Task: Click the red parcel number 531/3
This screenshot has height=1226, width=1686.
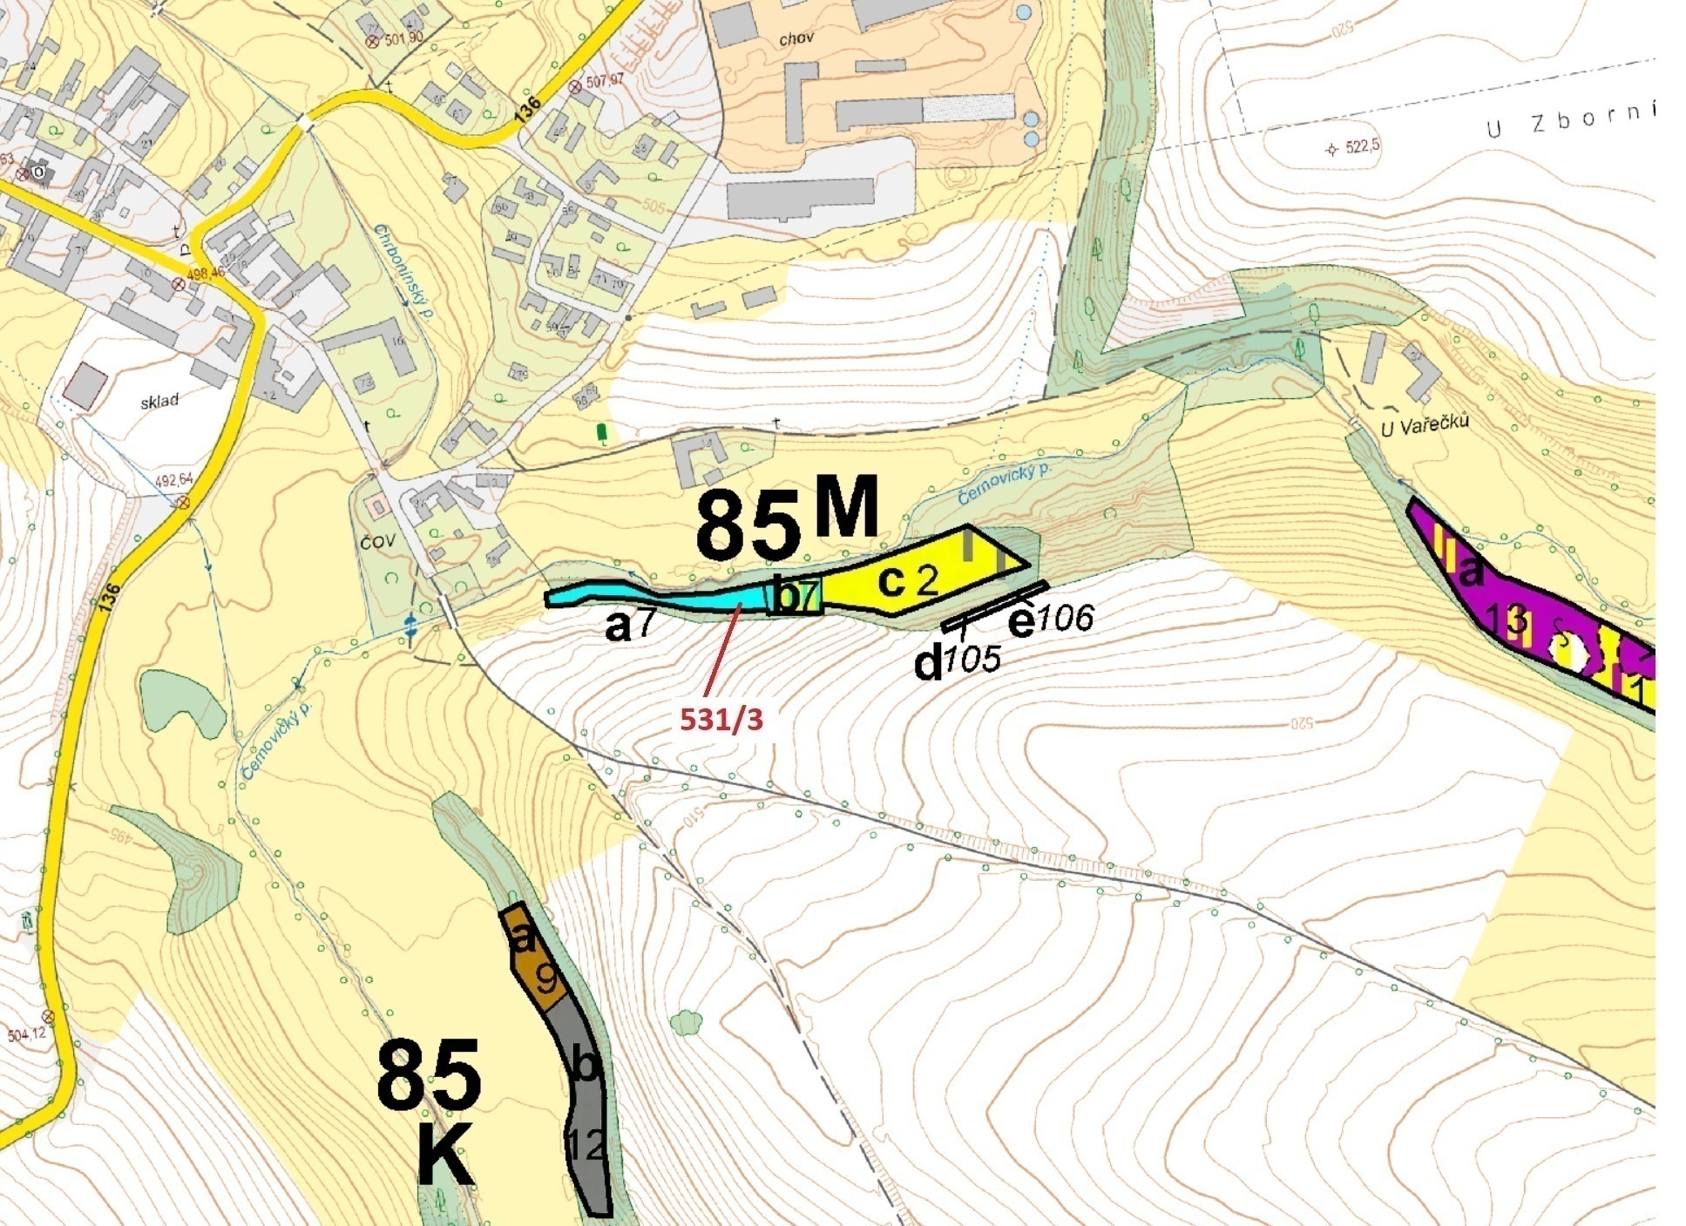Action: click(721, 719)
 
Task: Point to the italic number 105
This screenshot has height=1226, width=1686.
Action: click(972, 659)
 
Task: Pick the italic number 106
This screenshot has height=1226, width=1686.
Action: click(1065, 619)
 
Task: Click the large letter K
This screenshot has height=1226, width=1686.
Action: click(445, 1155)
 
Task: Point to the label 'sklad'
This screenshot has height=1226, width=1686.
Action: click(159, 401)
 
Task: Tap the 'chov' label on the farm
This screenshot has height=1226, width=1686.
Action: click(796, 38)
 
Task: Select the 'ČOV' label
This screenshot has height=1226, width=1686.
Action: click(377, 541)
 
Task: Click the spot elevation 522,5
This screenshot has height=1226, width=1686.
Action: click(1362, 146)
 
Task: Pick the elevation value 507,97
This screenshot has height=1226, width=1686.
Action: click(606, 81)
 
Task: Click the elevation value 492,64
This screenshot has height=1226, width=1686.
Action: click(174, 480)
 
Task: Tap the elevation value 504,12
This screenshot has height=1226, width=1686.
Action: click(27, 1034)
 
